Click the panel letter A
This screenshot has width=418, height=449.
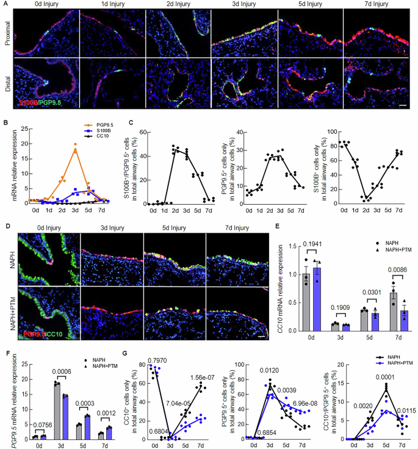pyautogui.click(x=4, y=4)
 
